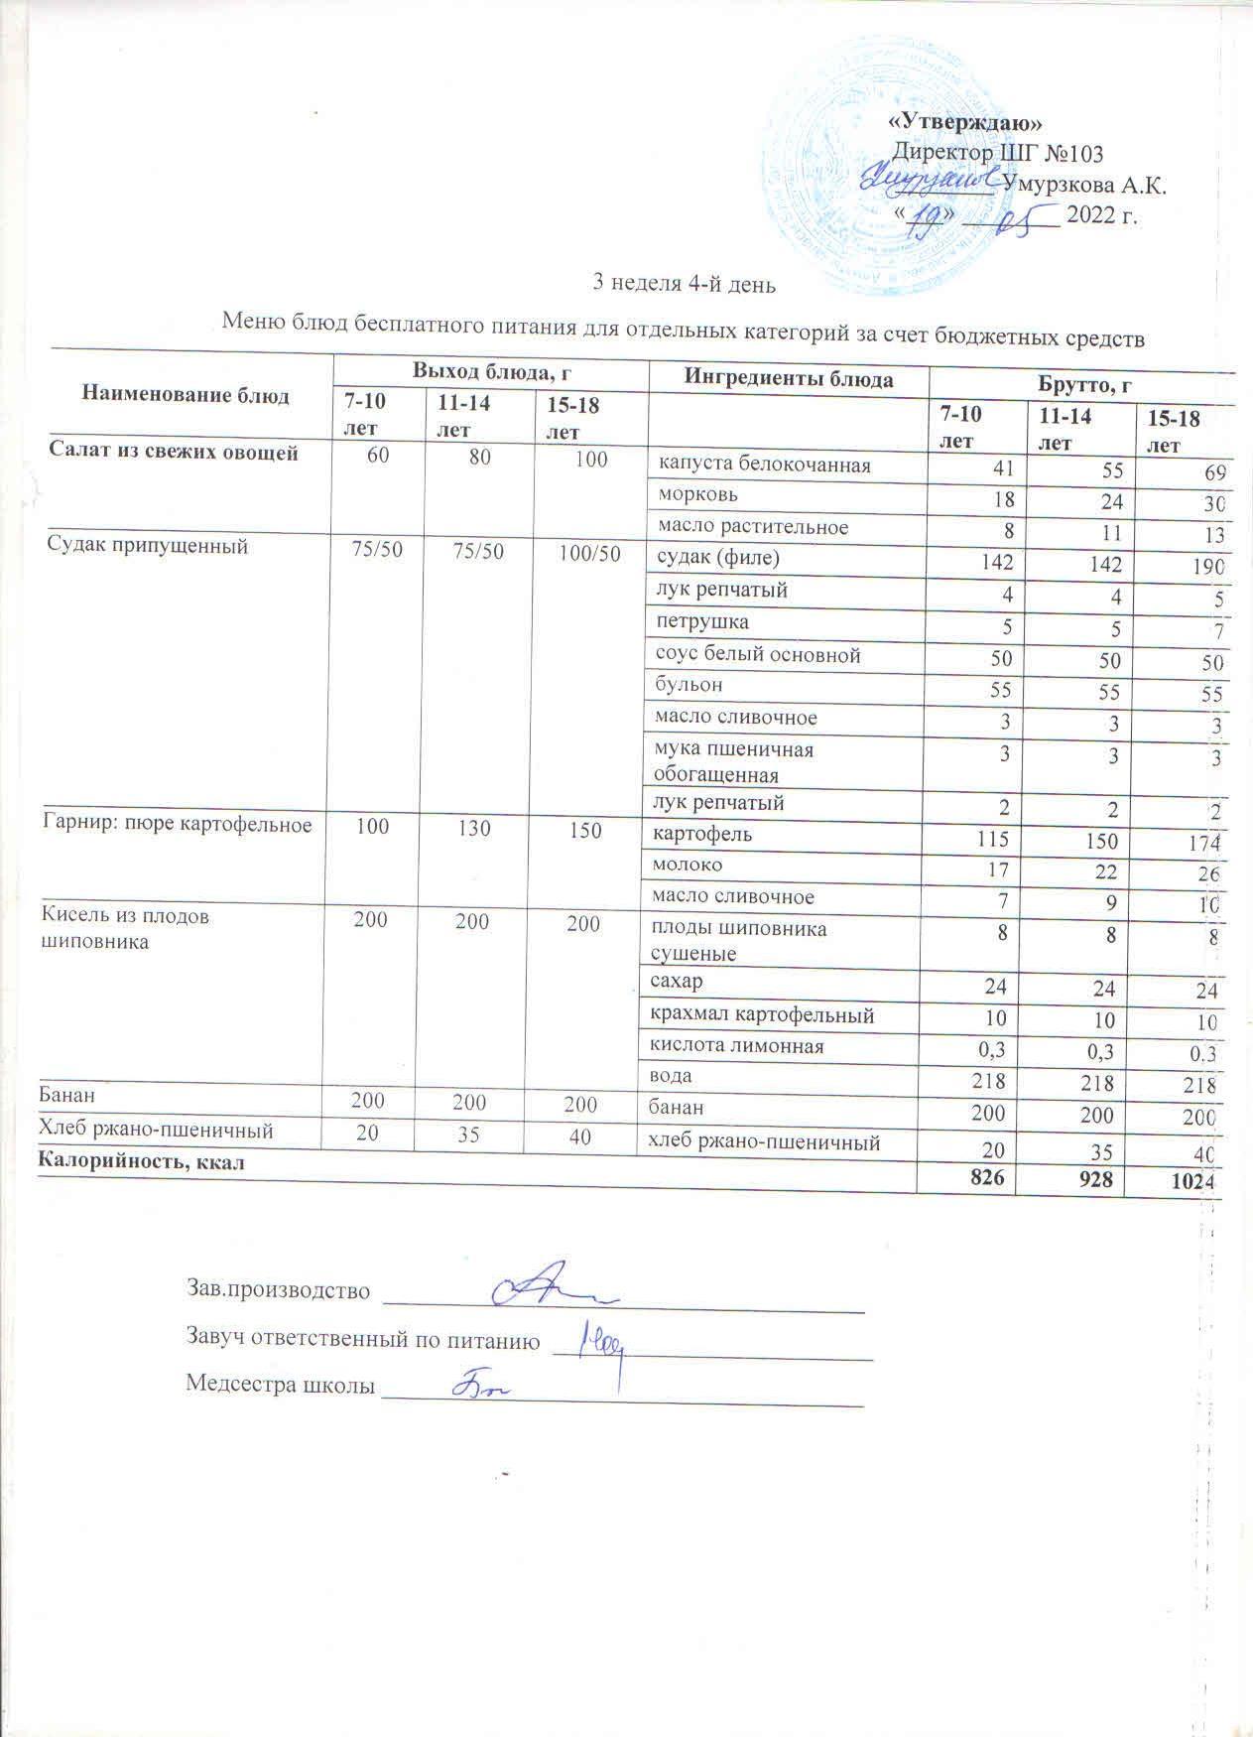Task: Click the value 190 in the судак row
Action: (x=1207, y=568)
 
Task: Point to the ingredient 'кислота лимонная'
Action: (x=736, y=1046)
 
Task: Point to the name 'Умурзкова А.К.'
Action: (x=1084, y=185)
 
